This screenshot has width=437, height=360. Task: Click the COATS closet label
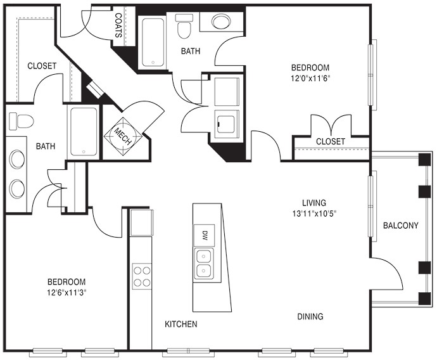click(x=118, y=25)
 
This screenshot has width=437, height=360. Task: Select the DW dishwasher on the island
click(x=205, y=235)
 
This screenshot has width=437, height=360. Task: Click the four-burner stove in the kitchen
click(x=142, y=276)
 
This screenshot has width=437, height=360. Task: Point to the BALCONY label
click(x=400, y=225)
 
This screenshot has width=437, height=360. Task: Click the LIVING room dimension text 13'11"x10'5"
click(x=314, y=214)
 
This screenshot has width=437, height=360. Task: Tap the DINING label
click(x=310, y=316)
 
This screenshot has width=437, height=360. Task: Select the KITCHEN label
click(x=181, y=324)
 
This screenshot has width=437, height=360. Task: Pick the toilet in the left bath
click(x=21, y=121)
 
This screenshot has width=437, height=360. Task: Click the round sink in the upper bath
click(x=221, y=21)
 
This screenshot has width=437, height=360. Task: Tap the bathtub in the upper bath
click(x=153, y=42)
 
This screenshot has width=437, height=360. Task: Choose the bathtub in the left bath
click(x=84, y=132)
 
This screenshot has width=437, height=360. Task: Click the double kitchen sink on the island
click(x=203, y=264)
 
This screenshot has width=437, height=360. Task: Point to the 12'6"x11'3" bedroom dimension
click(x=66, y=293)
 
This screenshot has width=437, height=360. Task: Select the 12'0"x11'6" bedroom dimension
click(x=310, y=79)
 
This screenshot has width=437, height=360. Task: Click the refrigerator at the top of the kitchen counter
click(x=142, y=223)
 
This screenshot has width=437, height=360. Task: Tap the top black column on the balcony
click(x=425, y=160)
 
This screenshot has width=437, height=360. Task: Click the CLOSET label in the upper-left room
click(x=42, y=66)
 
